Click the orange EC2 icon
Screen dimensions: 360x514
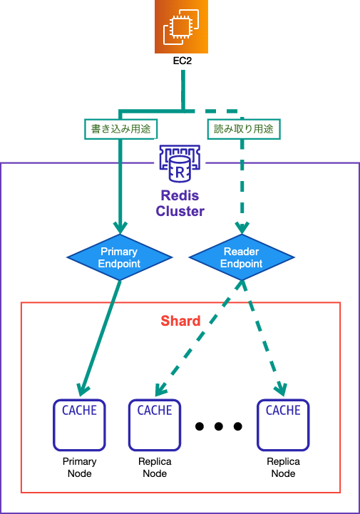click(181, 26)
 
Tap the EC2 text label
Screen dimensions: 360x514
click(182, 61)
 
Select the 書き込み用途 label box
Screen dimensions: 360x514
click(121, 129)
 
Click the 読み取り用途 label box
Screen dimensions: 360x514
click(244, 129)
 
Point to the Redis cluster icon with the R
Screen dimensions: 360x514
click(180, 163)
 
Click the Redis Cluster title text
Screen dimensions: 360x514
click(180, 203)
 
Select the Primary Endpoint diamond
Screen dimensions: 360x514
click(120, 257)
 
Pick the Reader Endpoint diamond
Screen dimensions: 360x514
click(242, 257)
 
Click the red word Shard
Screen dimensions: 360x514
click(180, 321)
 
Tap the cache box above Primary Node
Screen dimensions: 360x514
click(79, 425)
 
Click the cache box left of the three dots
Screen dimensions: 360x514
click(155, 425)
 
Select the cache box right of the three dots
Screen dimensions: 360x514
click(283, 425)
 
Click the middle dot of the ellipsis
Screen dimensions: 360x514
click(219, 426)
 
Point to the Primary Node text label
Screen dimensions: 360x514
click(80, 468)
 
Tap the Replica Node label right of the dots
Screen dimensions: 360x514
click(283, 468)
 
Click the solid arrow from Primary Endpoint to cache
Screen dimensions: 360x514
click(100, 339)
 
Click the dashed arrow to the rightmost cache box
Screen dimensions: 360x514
click(262, 338)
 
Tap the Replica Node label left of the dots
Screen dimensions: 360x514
click(155, 468)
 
